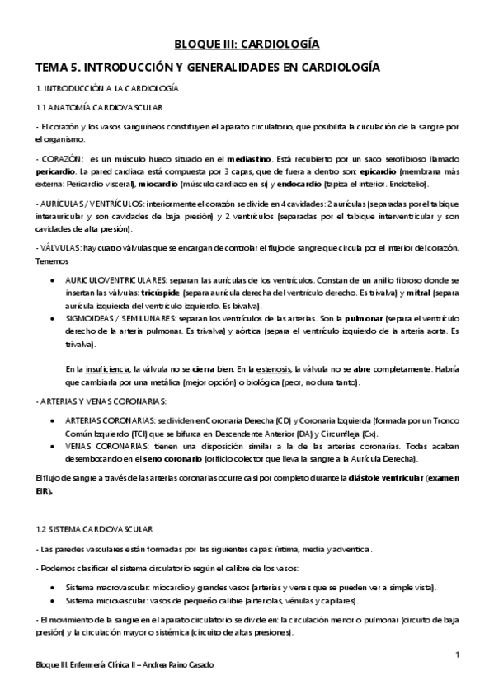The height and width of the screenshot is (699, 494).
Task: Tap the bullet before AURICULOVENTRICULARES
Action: [x=54, y=280]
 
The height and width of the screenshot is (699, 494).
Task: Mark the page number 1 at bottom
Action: [x=456, y=654]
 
